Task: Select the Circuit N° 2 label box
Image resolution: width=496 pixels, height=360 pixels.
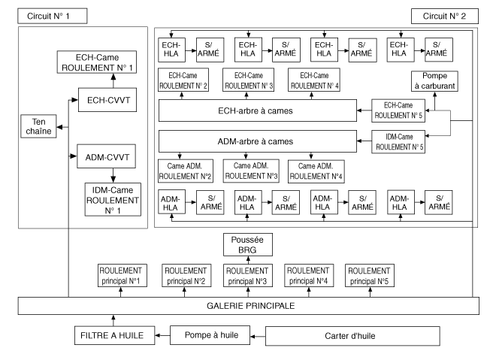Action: (x=444, y=15)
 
